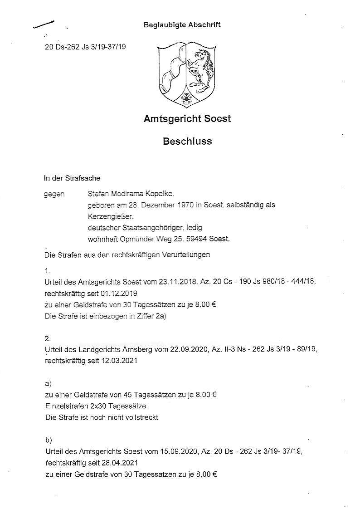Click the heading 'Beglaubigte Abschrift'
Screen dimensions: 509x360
(182, 25)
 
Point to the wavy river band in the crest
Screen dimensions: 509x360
(175, 68)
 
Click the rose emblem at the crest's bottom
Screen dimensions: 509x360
(187, 98)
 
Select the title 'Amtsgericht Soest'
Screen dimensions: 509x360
(187, 119)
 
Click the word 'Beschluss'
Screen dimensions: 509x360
(187, 141)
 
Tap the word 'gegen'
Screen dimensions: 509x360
(54, 194)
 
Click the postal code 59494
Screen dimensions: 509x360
(203, 239)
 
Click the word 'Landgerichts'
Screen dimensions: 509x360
(99, 350)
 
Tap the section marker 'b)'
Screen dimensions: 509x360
(49, 440)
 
